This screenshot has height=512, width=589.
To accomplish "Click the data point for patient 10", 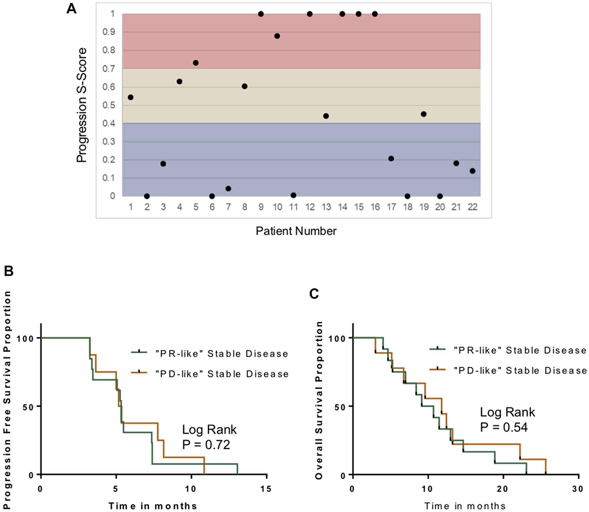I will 277,36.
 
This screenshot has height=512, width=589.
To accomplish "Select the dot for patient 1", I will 131,97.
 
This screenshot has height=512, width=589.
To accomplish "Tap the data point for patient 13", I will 326,116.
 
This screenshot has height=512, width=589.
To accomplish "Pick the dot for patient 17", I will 391,159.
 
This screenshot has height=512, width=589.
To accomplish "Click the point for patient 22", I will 472,171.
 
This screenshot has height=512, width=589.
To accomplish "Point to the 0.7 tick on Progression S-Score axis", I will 109,69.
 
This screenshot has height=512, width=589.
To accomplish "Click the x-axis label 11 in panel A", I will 293,207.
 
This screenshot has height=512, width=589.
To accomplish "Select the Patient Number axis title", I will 296,231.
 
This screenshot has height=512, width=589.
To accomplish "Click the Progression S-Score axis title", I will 82,105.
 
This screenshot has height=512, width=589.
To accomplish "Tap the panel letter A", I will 72,9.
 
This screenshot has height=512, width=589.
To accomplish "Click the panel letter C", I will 314,294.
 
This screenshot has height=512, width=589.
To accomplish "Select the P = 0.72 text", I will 206,445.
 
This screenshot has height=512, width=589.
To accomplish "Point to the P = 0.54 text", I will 504,428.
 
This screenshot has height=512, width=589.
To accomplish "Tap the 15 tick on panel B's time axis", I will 266,489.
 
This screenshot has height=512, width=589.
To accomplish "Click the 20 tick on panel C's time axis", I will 502,489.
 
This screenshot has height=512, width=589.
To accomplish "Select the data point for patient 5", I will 196,63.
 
